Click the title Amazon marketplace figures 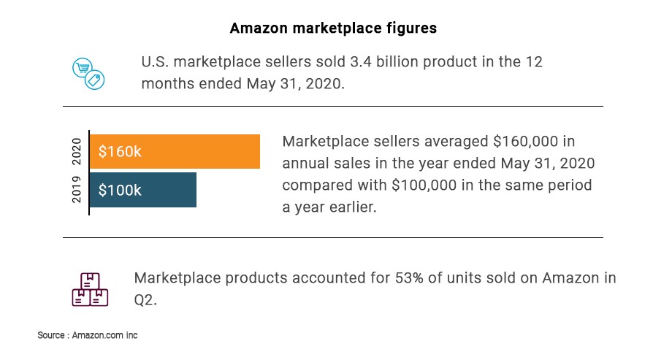pos(333,28)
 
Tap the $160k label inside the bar pos(121,152)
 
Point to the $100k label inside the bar pos(121,191)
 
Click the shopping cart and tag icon pos(88,74)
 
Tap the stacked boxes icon pos(90,290)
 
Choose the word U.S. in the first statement pos(156,61)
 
